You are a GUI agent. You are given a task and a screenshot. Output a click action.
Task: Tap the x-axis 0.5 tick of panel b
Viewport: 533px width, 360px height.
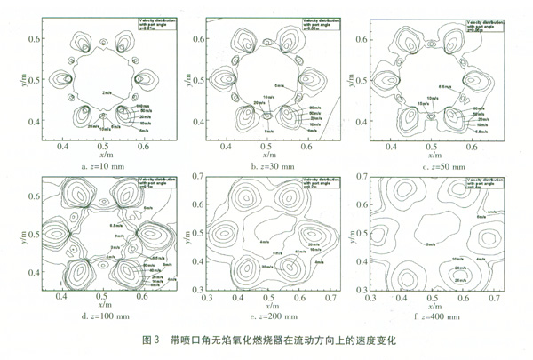[258, 145]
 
